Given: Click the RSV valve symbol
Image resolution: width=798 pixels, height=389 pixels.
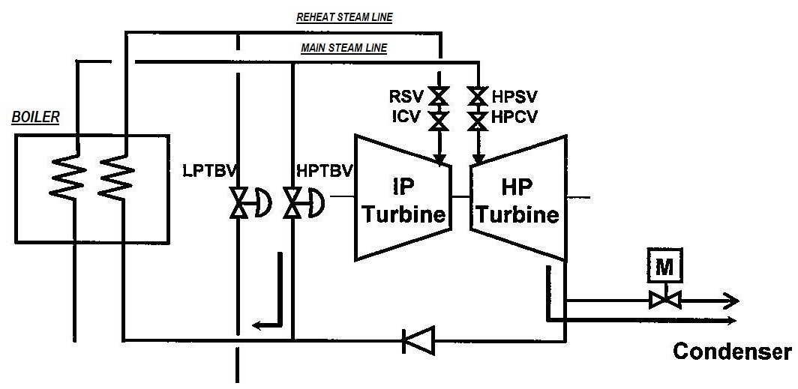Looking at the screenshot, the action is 437,96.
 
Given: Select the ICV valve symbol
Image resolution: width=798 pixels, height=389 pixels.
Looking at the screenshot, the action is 437,121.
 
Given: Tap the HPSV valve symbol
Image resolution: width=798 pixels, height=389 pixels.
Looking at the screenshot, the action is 478,96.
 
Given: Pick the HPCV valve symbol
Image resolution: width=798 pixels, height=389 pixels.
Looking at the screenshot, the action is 478,121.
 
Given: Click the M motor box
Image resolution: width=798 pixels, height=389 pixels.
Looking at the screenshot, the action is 664,265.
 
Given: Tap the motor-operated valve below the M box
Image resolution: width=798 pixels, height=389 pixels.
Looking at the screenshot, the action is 664,300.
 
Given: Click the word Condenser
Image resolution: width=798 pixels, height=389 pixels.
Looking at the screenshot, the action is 732,352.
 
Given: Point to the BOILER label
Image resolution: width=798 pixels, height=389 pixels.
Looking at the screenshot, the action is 35,117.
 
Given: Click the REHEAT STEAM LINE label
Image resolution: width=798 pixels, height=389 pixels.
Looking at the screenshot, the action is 344,16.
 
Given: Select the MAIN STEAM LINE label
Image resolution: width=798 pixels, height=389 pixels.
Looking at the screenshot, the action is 344,48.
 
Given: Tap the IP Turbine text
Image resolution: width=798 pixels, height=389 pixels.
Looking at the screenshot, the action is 403,201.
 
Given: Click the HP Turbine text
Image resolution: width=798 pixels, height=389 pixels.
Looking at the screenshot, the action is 517,201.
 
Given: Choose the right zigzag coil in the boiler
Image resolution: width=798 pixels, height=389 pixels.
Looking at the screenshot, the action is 117,175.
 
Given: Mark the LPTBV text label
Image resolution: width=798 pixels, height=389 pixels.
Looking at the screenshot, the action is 209,172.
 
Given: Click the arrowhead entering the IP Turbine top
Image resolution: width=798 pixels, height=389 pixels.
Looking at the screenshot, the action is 440,158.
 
